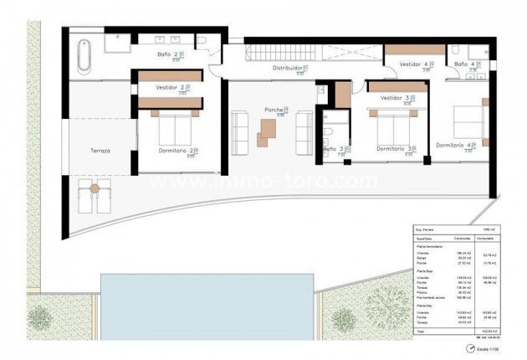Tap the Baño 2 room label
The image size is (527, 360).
[166, 55]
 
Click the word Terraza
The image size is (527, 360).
[101, 151]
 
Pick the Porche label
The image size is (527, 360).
[274, 111]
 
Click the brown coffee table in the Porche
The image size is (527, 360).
[269, 131]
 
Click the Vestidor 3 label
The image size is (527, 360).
[395, 98]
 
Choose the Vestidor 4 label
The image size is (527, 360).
[413, 64]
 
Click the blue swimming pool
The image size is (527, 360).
[205, 302]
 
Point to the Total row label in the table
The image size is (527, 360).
[421, 331]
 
